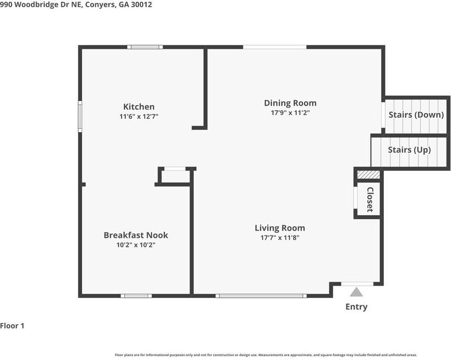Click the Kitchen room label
[x=139, y=107]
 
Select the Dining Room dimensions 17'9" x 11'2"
[x=290, y=112]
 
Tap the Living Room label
[x=280, y=228]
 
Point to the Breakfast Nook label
[x=136, y=235]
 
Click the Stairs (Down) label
[x=416, y=114]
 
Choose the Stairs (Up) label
[x=409, y=150]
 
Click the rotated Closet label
[x=370, y=200]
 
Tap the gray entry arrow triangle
[x=356, y=292]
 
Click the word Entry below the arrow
[x=356, y=307]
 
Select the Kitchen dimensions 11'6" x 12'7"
[x=139, y=117]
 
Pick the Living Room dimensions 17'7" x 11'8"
[x=280, y=238]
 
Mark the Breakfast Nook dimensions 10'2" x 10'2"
[x=136, y=245]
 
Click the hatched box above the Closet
[x=368, y=174]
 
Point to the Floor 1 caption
[x=12, y=326]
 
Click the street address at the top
[x=76, y=4]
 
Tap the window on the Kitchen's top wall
[x=145, y=47]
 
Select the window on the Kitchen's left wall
[x=80, y=117]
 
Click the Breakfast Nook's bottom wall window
[x=137, y=296]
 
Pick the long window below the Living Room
[x=261, y=296]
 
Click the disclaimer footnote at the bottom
[x=266, y=355]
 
